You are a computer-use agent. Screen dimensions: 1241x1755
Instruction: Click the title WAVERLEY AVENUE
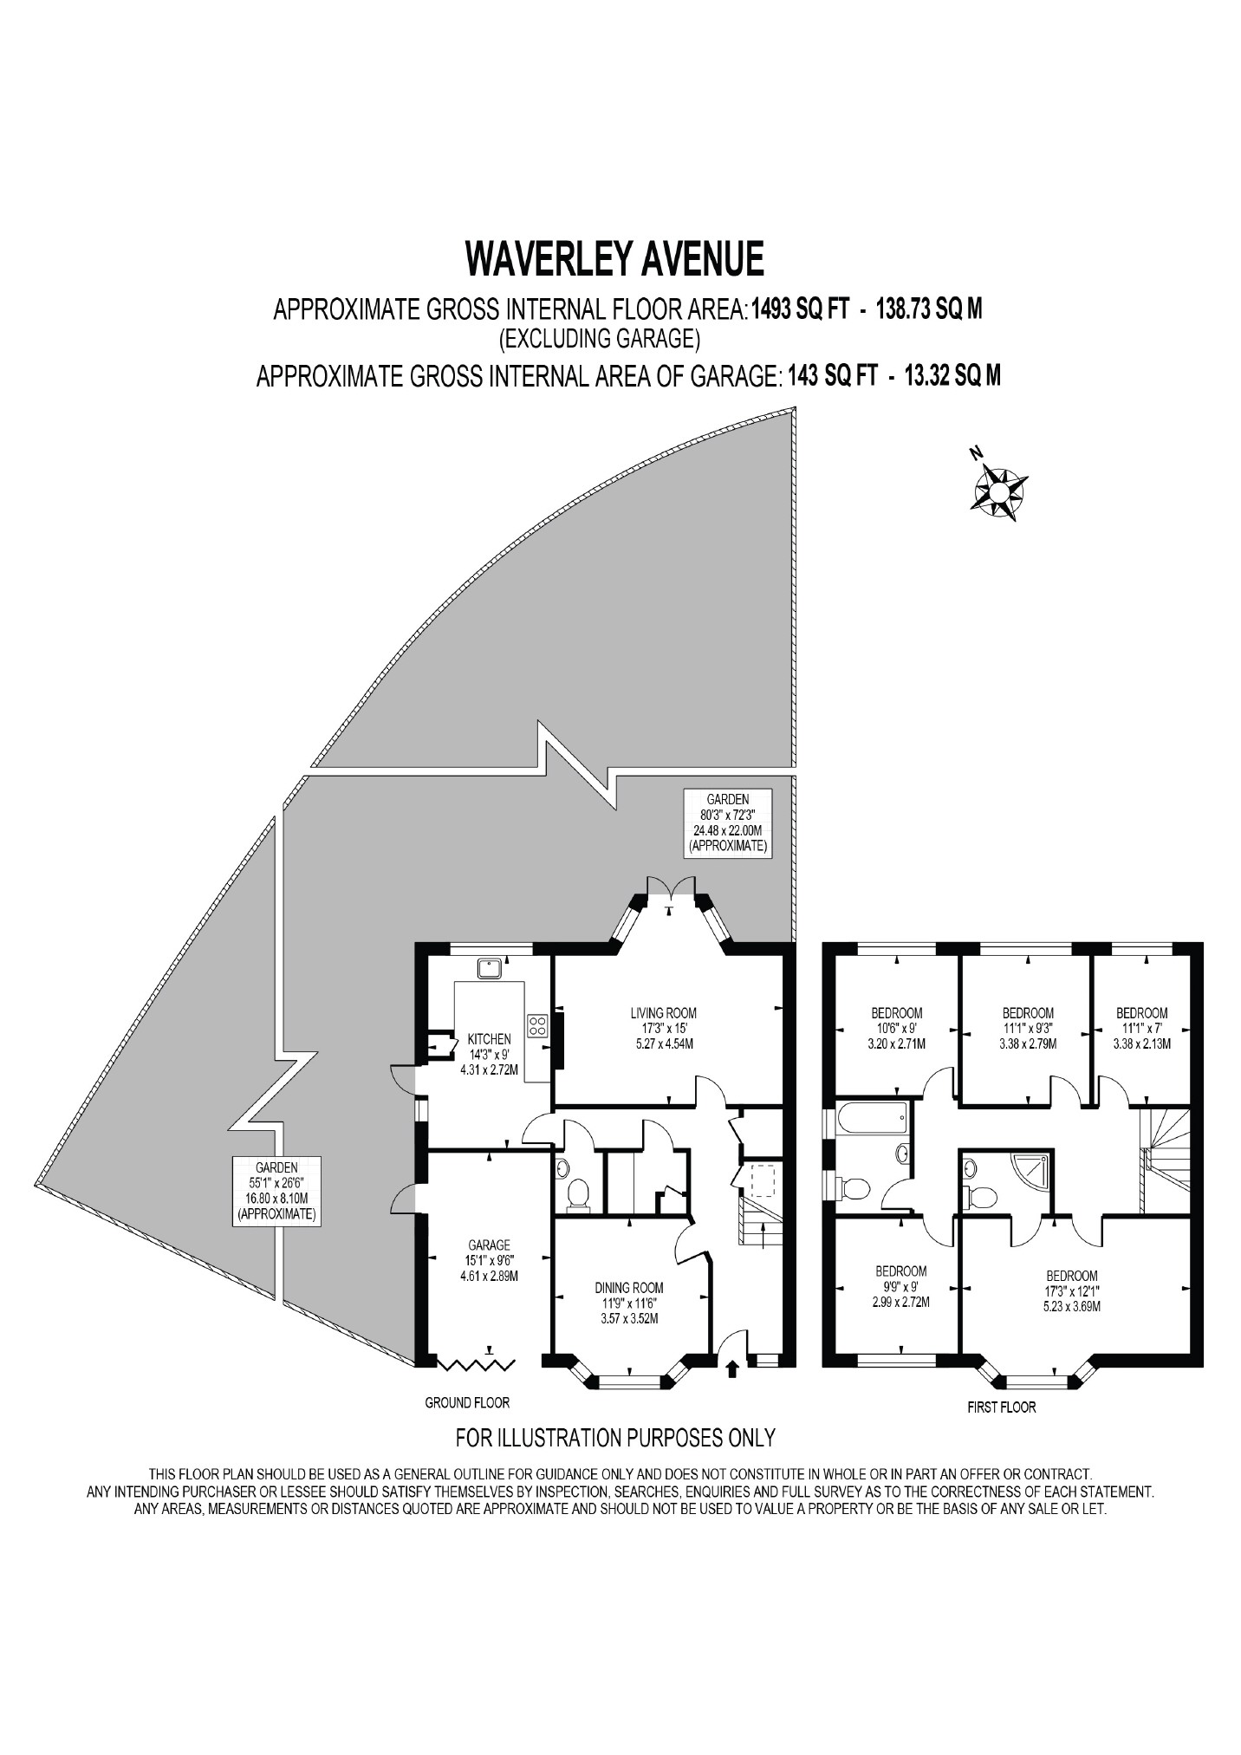coord(614,257)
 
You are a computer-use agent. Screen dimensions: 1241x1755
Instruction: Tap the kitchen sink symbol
coord(491,966)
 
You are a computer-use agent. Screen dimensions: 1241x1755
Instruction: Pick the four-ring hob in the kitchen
coord(537,1025)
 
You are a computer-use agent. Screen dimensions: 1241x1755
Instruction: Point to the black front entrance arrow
coord(732,1368)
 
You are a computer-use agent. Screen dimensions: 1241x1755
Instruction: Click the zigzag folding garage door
coord(475,1364)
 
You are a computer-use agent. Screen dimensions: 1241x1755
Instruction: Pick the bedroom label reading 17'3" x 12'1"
coord(1071,1290)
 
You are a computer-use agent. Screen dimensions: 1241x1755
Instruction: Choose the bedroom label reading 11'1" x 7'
coord(1141,1028)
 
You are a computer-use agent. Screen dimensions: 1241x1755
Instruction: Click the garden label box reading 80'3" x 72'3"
coord(727,822)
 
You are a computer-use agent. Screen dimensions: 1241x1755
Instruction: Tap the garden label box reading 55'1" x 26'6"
coord(276,1191)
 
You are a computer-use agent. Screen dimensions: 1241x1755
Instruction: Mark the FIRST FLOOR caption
coord(1001,1407)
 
